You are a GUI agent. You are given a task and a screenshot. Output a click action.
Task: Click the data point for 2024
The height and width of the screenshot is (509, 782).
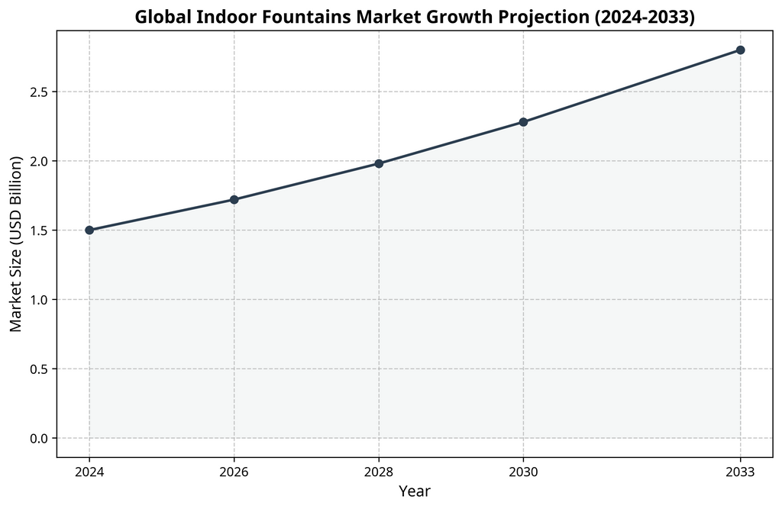click(89, 230)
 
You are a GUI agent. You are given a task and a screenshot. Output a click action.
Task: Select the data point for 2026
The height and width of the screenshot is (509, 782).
click(234, 199)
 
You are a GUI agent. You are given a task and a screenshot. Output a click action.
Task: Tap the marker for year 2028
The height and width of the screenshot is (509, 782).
click(379, 163)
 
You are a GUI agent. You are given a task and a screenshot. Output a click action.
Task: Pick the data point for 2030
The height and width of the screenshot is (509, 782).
click(523, 122)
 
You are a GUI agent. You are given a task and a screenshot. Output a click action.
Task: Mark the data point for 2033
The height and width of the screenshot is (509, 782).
click(740, 50)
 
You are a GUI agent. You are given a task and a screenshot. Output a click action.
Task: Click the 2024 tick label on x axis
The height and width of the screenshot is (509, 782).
click(89, 472)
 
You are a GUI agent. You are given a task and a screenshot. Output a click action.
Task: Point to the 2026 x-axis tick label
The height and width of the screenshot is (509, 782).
click(234, 472)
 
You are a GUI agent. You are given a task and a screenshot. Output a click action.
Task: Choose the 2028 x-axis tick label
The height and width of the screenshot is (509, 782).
click(379, 472)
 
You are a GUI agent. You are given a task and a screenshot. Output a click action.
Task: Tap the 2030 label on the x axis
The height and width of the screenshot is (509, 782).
click(523, 472)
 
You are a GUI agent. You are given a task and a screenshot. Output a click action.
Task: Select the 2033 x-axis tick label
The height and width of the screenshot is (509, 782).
click(740, 472)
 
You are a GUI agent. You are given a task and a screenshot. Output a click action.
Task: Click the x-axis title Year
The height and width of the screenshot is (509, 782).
click(415, 492)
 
